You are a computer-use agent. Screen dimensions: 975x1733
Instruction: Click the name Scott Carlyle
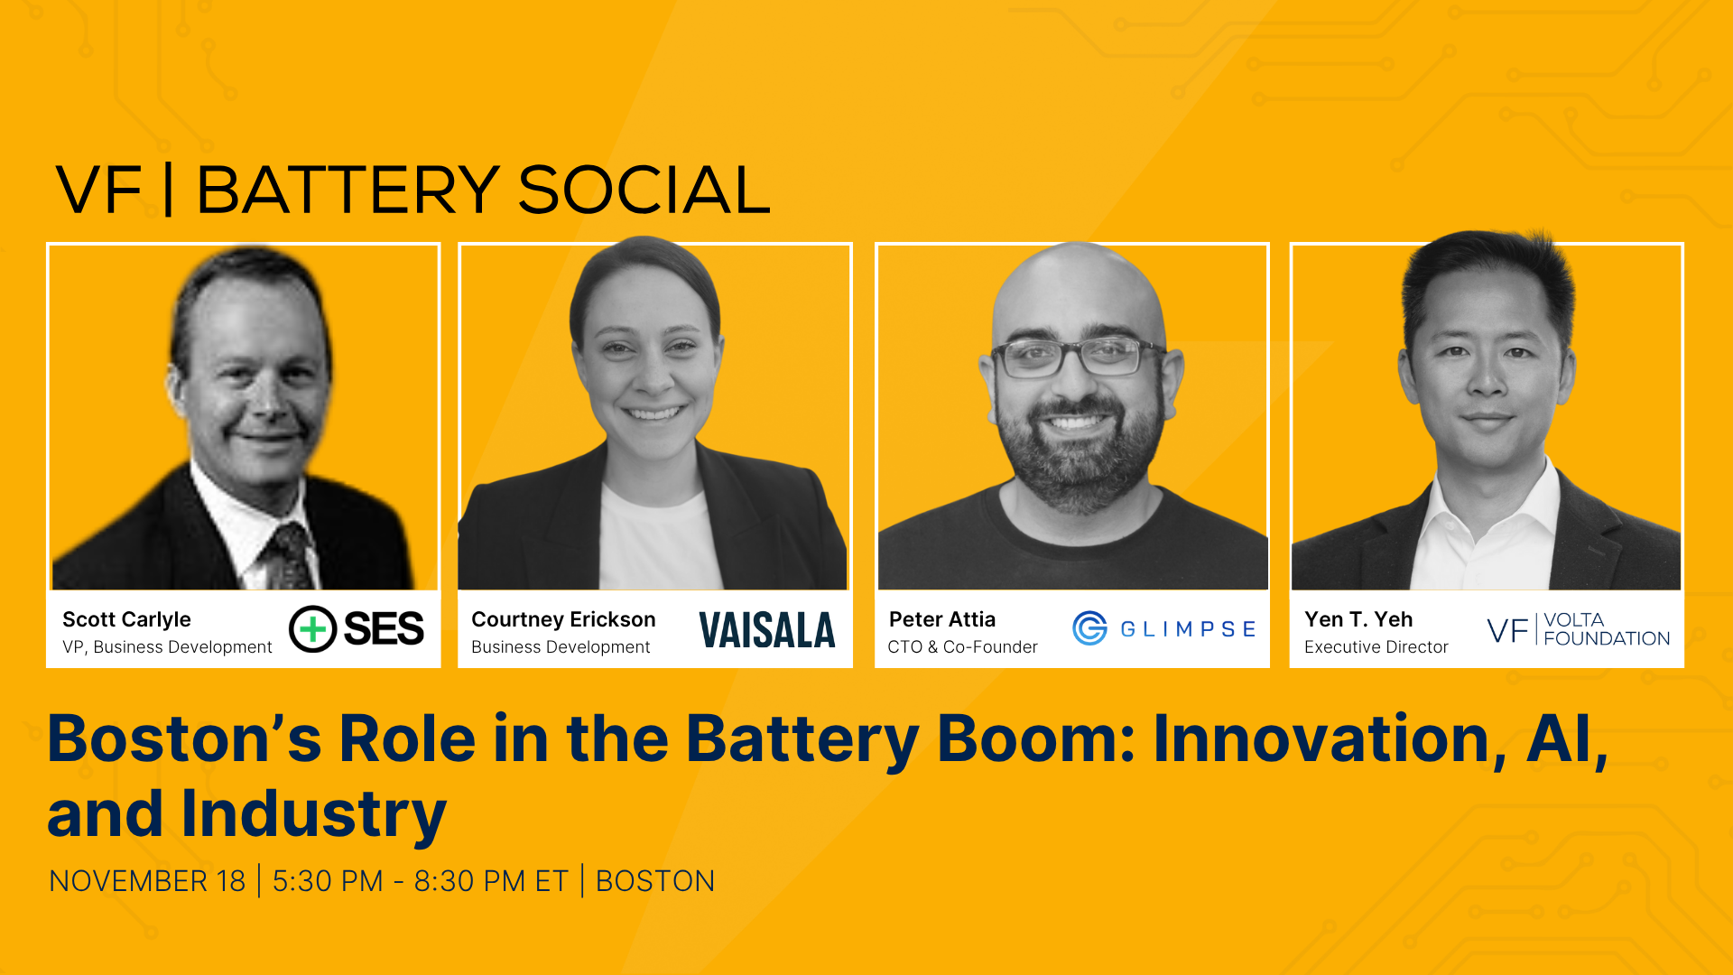pyautogui.click(x=126, y=619)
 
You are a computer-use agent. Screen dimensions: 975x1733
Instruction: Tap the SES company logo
pyautogui.click(x=357, y=629)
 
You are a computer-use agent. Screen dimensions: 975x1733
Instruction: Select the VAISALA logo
pyautogui.click(x=767, y=630)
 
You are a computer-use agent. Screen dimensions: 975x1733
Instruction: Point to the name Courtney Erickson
pyautogui.click(x=563, y=619)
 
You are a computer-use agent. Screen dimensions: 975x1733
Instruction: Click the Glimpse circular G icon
pyautogui.click(x=1089, y=628)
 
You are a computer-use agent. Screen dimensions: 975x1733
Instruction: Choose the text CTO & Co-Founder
pyautogui.click(x=962, y=647)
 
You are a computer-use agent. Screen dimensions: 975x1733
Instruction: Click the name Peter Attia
pyautogui.click(x=941, y=619)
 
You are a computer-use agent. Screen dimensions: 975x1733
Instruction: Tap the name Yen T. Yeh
pyautogui.click(x=1358, y=619)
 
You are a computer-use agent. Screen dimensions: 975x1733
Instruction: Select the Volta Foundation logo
pyautogui.click(x=1579, y=629)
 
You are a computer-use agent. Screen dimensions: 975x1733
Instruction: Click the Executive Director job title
pyautogui.click(x=1376, y=647)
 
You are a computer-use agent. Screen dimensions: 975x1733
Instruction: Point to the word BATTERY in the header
pyautogui.click(x=348, y=190)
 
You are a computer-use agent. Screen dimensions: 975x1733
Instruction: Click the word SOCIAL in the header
pyautogui.click(x=644, y=190)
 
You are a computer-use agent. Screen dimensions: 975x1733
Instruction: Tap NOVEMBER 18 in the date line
pyautogui.click(x=147, y=881)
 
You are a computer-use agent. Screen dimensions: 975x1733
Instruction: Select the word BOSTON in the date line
pyautogui.click(x=655, y=881)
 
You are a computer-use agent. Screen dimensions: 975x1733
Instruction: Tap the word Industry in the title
pyautogui.click(x=313, y=814)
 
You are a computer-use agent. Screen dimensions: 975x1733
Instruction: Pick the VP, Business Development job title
pyautogui.click(x=167, y=647)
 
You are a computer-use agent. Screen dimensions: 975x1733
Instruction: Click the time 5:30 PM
pyautogui.click(x=328, y=881)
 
